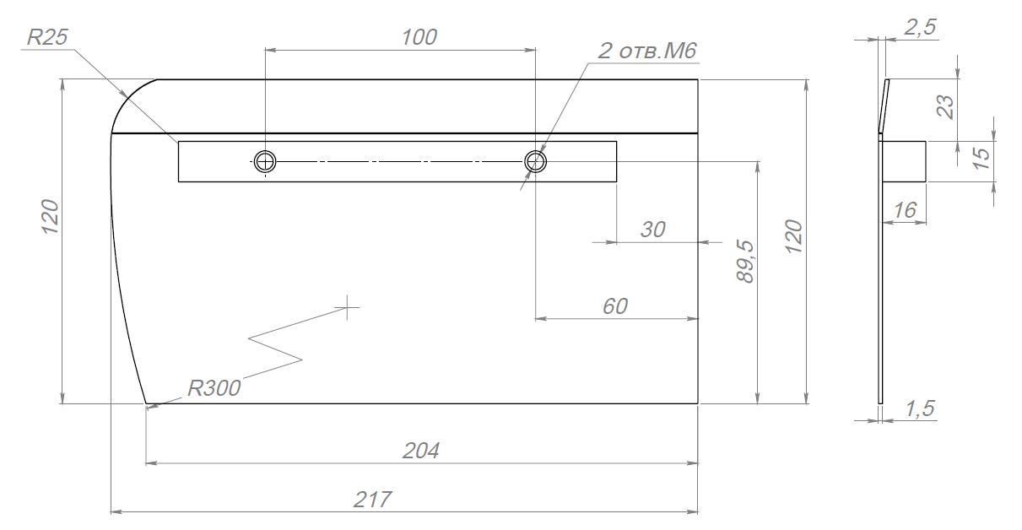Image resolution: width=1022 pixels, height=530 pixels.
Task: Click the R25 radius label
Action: (47, 37)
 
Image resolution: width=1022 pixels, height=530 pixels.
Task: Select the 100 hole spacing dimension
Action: (419, 37)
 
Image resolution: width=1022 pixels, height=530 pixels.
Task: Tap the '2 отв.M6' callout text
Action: (647, 51)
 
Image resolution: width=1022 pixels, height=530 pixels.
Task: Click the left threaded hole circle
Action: (265, 161)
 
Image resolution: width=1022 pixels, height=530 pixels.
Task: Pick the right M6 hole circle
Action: (535, 161)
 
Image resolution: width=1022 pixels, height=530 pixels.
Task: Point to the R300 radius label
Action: (214, 388)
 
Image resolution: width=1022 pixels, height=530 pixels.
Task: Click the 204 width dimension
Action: (420, 451)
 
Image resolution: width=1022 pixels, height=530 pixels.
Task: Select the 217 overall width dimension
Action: (372, 500)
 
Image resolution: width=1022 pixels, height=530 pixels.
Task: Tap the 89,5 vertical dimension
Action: (745, 261)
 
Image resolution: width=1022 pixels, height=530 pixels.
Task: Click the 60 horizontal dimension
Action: (615, 306)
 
